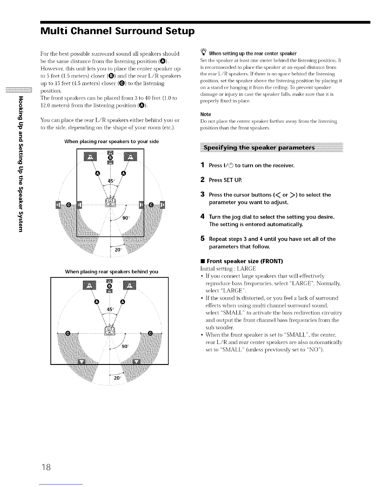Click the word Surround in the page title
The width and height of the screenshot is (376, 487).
pos(134,31)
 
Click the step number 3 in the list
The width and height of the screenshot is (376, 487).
pos(202,195)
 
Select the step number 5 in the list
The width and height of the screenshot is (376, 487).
pos(202,239)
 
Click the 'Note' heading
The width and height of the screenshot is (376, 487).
pos(206,114)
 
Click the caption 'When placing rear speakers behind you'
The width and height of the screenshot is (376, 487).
pos(112,271)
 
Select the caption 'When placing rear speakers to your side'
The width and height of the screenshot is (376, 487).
pos(112,141)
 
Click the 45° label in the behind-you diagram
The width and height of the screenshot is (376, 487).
pos(110,309)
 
